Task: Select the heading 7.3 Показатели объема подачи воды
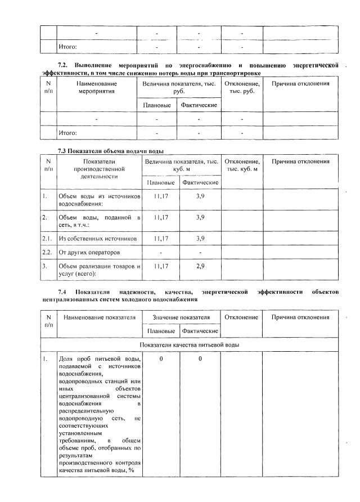coord(111,151)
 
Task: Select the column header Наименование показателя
coord(100,317)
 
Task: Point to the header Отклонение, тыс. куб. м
coord(242,165)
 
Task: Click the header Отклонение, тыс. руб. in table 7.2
coord(242,87)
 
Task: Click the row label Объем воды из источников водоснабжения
coord(98,200)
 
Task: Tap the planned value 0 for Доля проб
coord(161,358)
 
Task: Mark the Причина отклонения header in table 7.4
coord(300,317)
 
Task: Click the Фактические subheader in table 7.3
coord(200,182)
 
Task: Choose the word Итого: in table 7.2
coord(68,133)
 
